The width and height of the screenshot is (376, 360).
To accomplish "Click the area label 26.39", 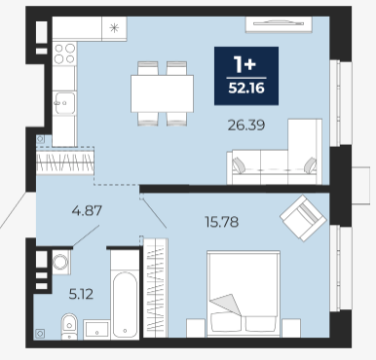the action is click(x=246, y=125).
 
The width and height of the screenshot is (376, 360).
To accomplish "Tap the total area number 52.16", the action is click(x=246, y=88).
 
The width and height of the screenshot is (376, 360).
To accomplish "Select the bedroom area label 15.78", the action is click(x=222, y=222).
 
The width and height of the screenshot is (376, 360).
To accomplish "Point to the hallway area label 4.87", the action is click(x=87, y=211).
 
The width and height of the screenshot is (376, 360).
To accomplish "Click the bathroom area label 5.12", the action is click(x=81, y=294).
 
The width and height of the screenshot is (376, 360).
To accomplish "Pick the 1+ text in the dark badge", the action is click(x=245, y=64).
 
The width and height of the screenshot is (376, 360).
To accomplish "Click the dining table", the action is click(x=162, y=93).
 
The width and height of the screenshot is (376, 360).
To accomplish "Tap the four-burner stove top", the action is click(x=64, y=54).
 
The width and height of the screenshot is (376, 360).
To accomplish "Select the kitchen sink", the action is click(x=64, y=103).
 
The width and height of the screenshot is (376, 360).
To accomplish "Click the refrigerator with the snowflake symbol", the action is click(x=114, y=28).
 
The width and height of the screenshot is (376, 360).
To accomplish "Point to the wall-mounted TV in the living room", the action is click(x=279, y=24).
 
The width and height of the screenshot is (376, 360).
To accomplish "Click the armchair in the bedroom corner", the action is click(x=303, y=218).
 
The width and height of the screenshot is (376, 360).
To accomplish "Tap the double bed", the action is click(x=244, y=294).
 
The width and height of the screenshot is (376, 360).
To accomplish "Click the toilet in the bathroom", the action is click(x=69, y=326).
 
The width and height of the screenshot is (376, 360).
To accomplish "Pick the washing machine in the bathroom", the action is click(x=60, y=262).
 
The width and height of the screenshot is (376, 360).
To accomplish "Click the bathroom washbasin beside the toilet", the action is click(x=95, y=329).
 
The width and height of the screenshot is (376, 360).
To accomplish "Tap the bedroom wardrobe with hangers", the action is click(x=156, y=288).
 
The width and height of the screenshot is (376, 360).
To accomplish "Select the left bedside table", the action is click(x=196, y=328).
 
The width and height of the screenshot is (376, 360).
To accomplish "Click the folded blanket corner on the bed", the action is click(x=227, y=304).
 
